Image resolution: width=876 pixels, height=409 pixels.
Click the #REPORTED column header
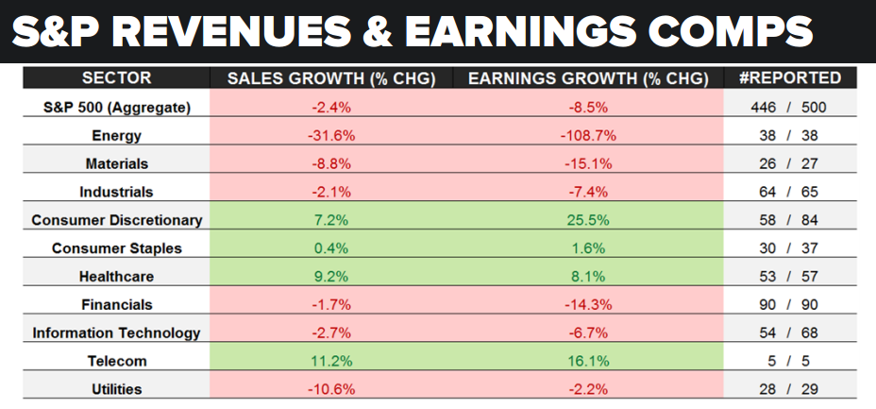click(x=789, y=77)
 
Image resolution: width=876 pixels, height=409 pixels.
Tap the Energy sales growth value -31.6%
click(x=330, y=135)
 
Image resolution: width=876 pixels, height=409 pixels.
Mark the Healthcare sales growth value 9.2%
click(x=330, y=277)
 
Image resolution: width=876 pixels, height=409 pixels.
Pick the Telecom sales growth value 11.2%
click(x=330, y=361)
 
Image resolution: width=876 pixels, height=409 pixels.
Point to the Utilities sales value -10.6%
click(x=330, y=389)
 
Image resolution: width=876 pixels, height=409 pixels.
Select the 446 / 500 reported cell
click(x=789, y=107)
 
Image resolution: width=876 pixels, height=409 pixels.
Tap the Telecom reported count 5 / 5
click(x=789, y=361)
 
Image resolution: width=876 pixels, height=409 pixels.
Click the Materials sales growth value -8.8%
click(x=330, y=163)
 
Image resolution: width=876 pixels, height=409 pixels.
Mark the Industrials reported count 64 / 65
click(x=789, y=192)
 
